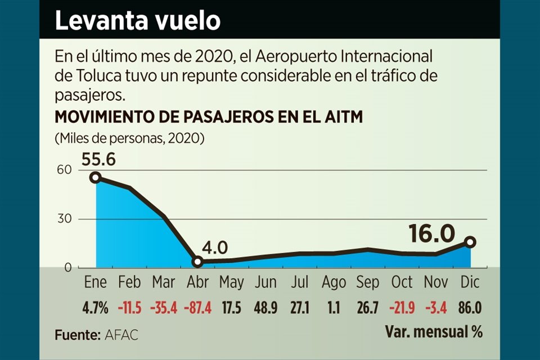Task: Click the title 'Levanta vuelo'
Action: pos(137,21)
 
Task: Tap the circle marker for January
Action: pos(96,177)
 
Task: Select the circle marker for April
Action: pos(197,262)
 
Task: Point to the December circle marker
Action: pos(470,242)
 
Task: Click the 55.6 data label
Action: pos(98,160)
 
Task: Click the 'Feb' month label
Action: pos(129,282)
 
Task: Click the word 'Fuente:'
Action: pos(78,335)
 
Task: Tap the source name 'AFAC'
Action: pos(121,335)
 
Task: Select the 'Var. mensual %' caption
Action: pos(434,332)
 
